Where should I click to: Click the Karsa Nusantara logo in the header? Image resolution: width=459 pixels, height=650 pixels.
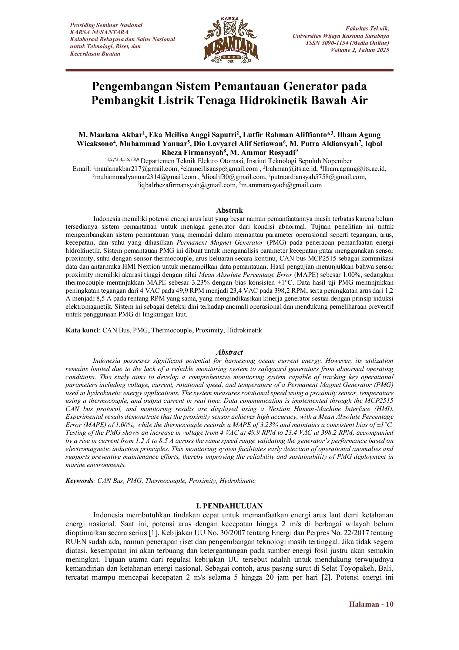pyautogui.click(x=231, y=40)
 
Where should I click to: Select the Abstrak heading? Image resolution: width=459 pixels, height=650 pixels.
pyautogui.click(x=229, y=210)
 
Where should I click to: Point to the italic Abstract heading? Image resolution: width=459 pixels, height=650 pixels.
pyautogui.click(x=229, y=352)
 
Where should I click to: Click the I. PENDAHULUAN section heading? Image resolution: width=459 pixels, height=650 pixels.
pyautogui.click(x=229, y=506)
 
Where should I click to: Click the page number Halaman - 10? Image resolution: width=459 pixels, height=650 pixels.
pyautogui.click(x=371, y=604)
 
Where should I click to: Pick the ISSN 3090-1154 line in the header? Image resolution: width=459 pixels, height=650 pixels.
pyautogui.click(x=347, y=43)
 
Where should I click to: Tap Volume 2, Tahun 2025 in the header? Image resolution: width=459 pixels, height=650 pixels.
pyautogui.click(x=360, y=50)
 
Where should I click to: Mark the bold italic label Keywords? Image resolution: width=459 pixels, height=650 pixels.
pyautogui.click(x=80, y=481)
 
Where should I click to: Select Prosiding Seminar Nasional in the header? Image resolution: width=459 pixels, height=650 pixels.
pyautogui.click(x=106, y=25)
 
